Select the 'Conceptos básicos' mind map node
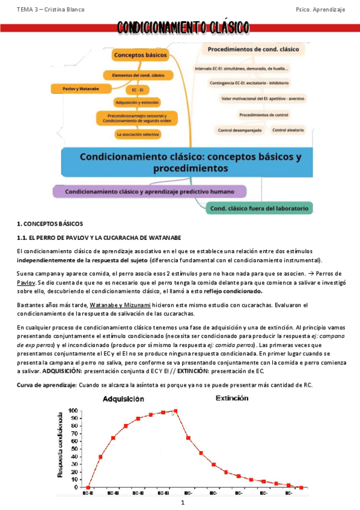[139, 55]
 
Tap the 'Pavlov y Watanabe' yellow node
[80, 88]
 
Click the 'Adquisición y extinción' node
[138, 102]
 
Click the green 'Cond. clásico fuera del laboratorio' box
[260, 209]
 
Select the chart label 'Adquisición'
[123, 399]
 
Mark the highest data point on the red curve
[175, 411]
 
